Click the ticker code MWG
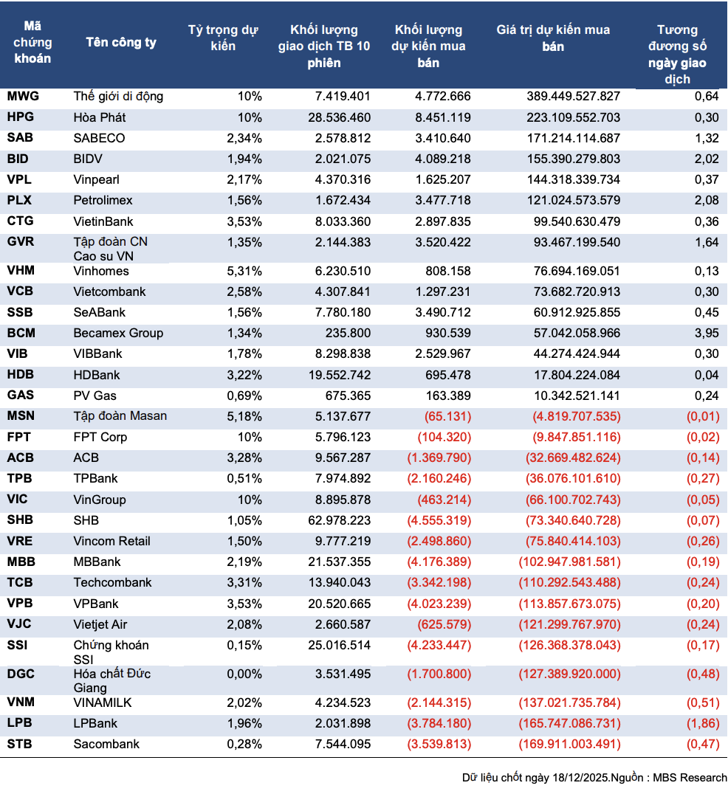point(23,96)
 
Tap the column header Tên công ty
point(121,42)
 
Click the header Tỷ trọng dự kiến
point(222,38)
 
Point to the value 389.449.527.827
point(573,96)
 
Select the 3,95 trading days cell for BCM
point(707,333)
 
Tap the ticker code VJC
point(19,624)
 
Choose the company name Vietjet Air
point(100,624)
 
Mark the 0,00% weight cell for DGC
point(244,674)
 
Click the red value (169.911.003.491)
point(569,744)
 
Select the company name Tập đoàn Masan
point(120,416)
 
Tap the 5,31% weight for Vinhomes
point(244,271)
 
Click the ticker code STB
point(20,744)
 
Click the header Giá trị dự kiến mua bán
point(553,38)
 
